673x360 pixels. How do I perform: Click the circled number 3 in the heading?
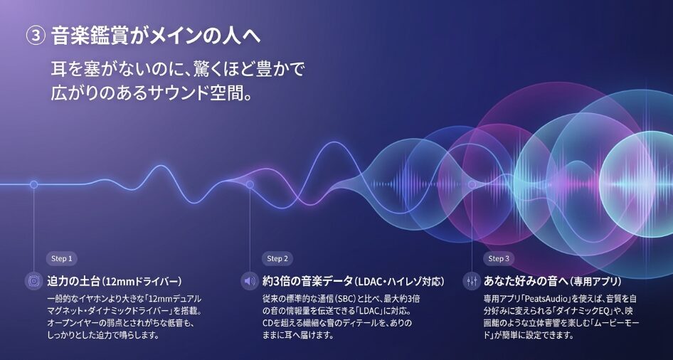(36, 36)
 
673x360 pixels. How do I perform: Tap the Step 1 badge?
(61, 258)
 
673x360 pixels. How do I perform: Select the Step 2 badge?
(277, 258)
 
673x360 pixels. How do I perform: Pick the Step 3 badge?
(499, 258)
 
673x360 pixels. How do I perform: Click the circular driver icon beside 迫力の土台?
(33, 281)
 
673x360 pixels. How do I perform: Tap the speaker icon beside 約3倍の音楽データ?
(250, 281)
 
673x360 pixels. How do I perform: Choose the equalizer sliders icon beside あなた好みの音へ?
(471, 281)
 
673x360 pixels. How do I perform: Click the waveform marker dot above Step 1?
(34, 184)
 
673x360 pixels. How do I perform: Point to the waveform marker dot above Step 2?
(250, 184)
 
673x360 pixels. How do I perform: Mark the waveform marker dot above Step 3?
(472, 184)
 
